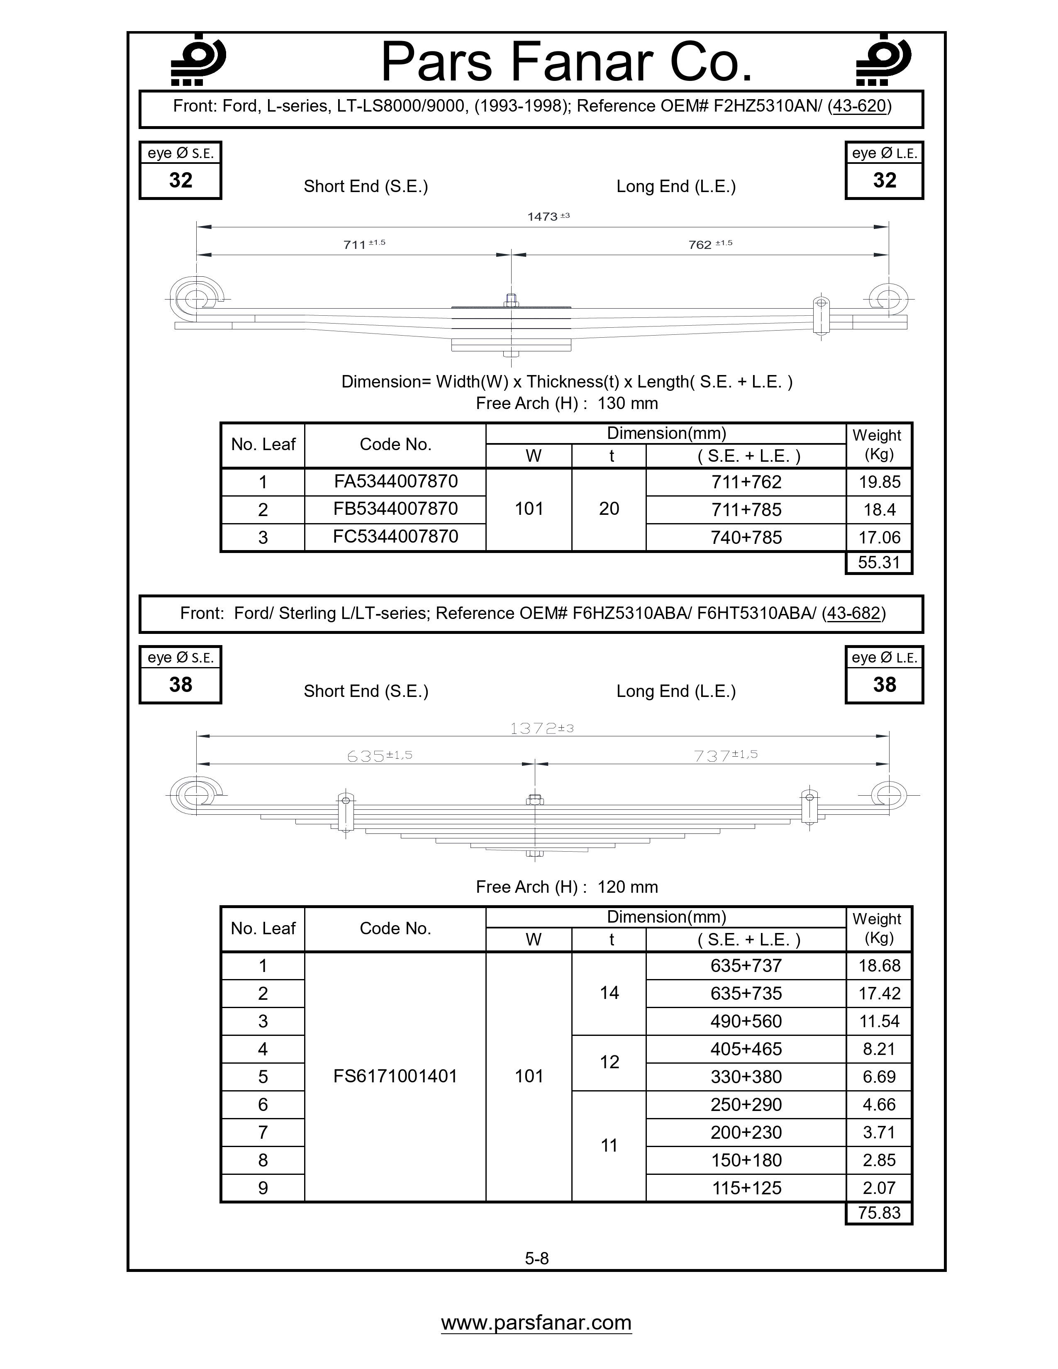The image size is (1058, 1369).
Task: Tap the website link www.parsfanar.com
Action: click(536, 1323)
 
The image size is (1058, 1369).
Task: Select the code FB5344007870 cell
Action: click(395, 509)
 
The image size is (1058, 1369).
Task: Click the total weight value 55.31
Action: click(879, 562)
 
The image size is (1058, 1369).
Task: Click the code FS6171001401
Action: click(395, 1076)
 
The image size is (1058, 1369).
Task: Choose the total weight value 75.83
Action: click(879, 1212)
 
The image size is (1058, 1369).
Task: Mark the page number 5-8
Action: click(536, 1258)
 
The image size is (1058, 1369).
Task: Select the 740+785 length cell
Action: click(746, 537)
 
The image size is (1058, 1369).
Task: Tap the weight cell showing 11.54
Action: click(879, 1021)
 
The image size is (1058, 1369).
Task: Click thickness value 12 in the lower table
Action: click(609, 1062)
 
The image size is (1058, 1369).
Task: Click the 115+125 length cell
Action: click(746, 1188)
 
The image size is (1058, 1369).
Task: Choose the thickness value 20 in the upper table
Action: click(609, 509)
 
